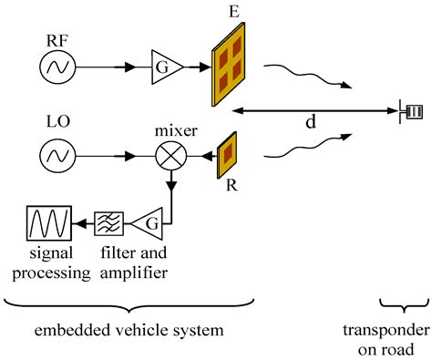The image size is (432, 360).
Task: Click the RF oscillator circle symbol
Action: click(57, 67)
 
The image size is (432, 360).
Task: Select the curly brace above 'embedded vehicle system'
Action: click(128, 301)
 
